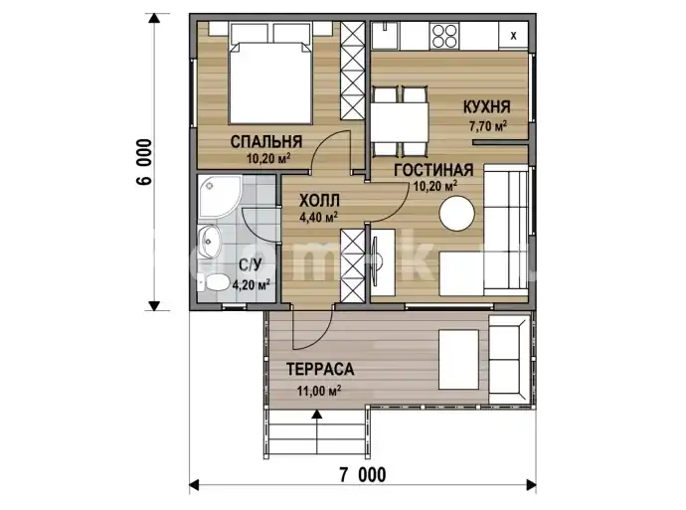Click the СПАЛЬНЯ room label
click(x=266, y=142)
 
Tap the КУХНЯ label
click(x=487, y=106)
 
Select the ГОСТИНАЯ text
click(x=433, y=170)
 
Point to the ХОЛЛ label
click(x=319, y=201)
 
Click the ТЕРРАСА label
click(x=320, y=369)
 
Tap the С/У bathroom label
click(x=251, y=264)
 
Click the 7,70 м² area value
click(x=488, y=126)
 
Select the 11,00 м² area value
click(x=319, y=390)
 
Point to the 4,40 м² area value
click(x=318, y=217)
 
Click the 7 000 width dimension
click(x=363, y=474)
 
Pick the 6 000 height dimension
click(x=145, y=162)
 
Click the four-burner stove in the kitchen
click(x=444, y=36)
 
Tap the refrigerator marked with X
click(x=513, y=36)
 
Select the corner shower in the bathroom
click(x=218, y=197)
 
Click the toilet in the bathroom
click(x=212, y=283)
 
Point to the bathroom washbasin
click(x=210, y=241)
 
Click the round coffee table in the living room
click(x=456, y=214)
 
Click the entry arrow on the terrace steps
click(x=316, y=426)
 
